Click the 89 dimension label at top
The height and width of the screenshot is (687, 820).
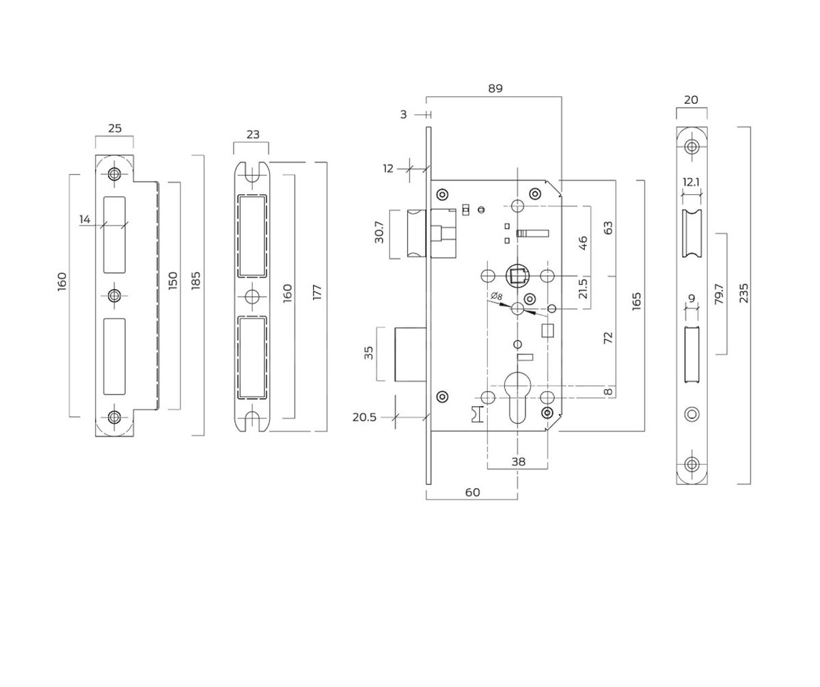[x=495, y=88]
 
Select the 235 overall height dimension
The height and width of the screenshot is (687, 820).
[x=744, y=293]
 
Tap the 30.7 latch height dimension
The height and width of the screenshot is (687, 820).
[x=379, y=232]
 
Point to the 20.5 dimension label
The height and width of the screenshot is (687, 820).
[x=364, y=417]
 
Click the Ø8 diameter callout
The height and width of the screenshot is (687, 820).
[x=497, y=296]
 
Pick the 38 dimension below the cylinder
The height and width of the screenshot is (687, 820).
[x=518, y=461]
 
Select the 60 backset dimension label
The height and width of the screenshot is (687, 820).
[x=472, y=492]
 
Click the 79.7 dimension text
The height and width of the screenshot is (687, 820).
[x=719, y=294]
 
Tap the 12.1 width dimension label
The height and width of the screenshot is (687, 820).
[x=692, y=182]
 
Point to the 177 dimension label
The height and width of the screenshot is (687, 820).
[x=316, y=293]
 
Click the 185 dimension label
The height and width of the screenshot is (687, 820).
[x=196, y=281]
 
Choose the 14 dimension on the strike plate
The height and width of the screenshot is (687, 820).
[x=85, y=219]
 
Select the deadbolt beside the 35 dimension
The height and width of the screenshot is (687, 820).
[x=411, y=354]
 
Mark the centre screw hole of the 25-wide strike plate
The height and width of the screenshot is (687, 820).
[x=114, y=295]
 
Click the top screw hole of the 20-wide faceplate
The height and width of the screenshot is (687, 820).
[x=692, y=146]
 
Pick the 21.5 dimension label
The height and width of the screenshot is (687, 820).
[x=583, y=288]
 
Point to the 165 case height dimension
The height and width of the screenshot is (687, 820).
[x=636, y=301]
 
